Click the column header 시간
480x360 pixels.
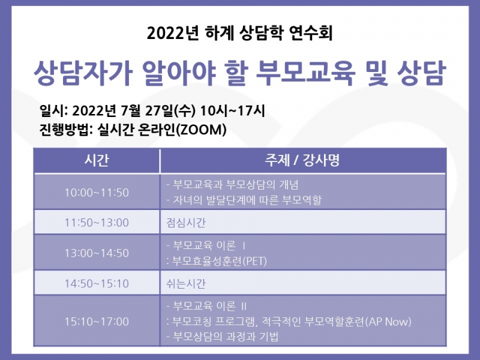tap(97, 161)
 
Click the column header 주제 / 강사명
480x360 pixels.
tap(303, 161)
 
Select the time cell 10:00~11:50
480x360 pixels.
tap(97, 192)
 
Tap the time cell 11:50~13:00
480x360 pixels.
tap(97, 223)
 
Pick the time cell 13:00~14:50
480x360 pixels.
tap(97, 253)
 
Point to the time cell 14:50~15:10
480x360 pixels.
tap(97, 283)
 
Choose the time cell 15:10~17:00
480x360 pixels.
tap(97, 322)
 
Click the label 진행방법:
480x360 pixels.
tap(64, 129)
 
